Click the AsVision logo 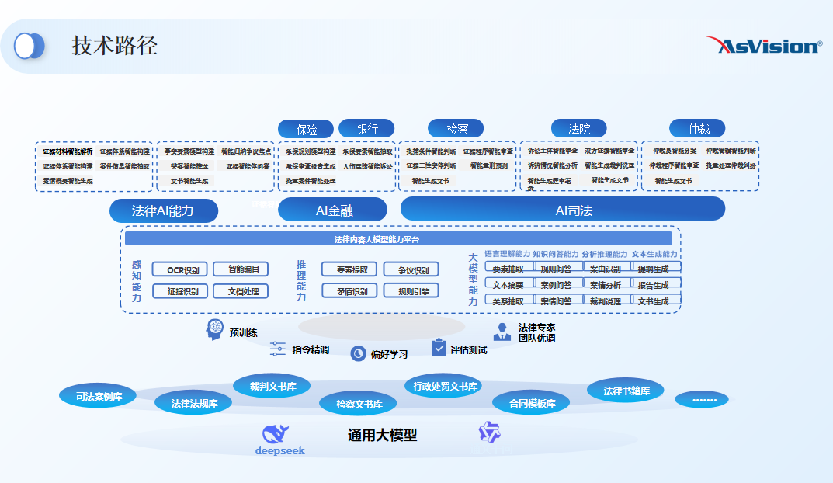764,46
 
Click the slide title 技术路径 115,46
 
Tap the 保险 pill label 306,129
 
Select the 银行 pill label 366,128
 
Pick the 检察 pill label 456,128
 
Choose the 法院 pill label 578,128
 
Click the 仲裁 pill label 697,128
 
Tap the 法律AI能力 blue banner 163,210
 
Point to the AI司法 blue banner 563,209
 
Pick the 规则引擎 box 411,291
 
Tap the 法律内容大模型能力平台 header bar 398,239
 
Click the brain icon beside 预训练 215,330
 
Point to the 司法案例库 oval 97,396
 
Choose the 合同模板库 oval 531,403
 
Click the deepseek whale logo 276,436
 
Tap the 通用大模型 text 382,436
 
